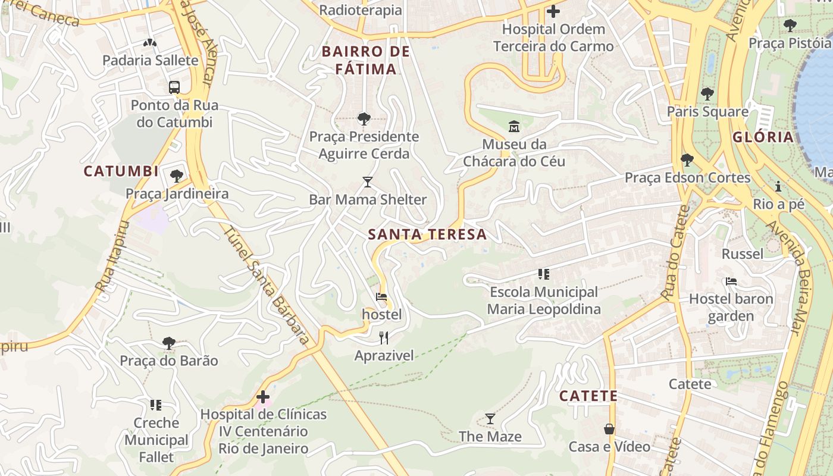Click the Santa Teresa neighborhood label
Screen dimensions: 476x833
pos(427,234)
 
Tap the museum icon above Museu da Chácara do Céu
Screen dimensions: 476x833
pos(513,126)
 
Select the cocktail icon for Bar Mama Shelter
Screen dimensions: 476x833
pos(368,182)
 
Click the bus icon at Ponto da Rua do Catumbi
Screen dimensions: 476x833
pos(174,87)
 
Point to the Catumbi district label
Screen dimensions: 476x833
pos(121,171)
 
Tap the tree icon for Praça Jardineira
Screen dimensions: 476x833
pos(176,176)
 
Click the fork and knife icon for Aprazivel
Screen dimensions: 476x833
pos(384,338)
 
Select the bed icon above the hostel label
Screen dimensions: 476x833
pos(381,297)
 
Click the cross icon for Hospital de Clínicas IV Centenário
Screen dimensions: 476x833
pos(263,397)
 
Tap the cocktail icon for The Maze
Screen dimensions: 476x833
pos(490,419)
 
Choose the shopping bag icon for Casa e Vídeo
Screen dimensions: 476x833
pos(609,429)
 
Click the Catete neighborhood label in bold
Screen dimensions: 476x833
pos(588,396)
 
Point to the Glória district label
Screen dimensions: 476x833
pos(763,137)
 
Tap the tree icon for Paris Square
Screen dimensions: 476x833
pos(707,94)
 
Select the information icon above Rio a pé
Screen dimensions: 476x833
pos(778,187)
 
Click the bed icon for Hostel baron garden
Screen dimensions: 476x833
pos(731,281)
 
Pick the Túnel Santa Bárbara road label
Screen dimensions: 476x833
pos(267,286)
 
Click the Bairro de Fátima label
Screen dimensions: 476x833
pos(365,60)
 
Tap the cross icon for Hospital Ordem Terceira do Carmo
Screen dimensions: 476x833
pos(553,11)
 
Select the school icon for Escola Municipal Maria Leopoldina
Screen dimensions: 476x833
pos(543,274)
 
